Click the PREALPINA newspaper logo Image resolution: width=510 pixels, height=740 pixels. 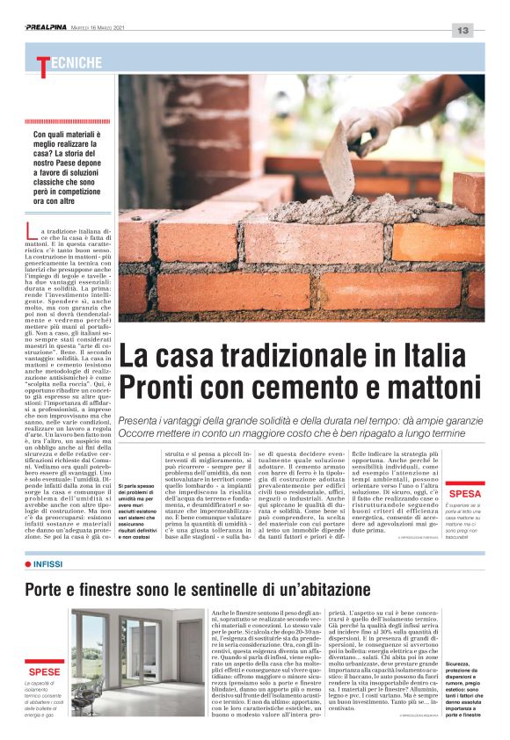pyautogui.click(x=51, y=27)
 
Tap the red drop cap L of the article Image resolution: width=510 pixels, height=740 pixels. pyautogui.click(x=32, y=233)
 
